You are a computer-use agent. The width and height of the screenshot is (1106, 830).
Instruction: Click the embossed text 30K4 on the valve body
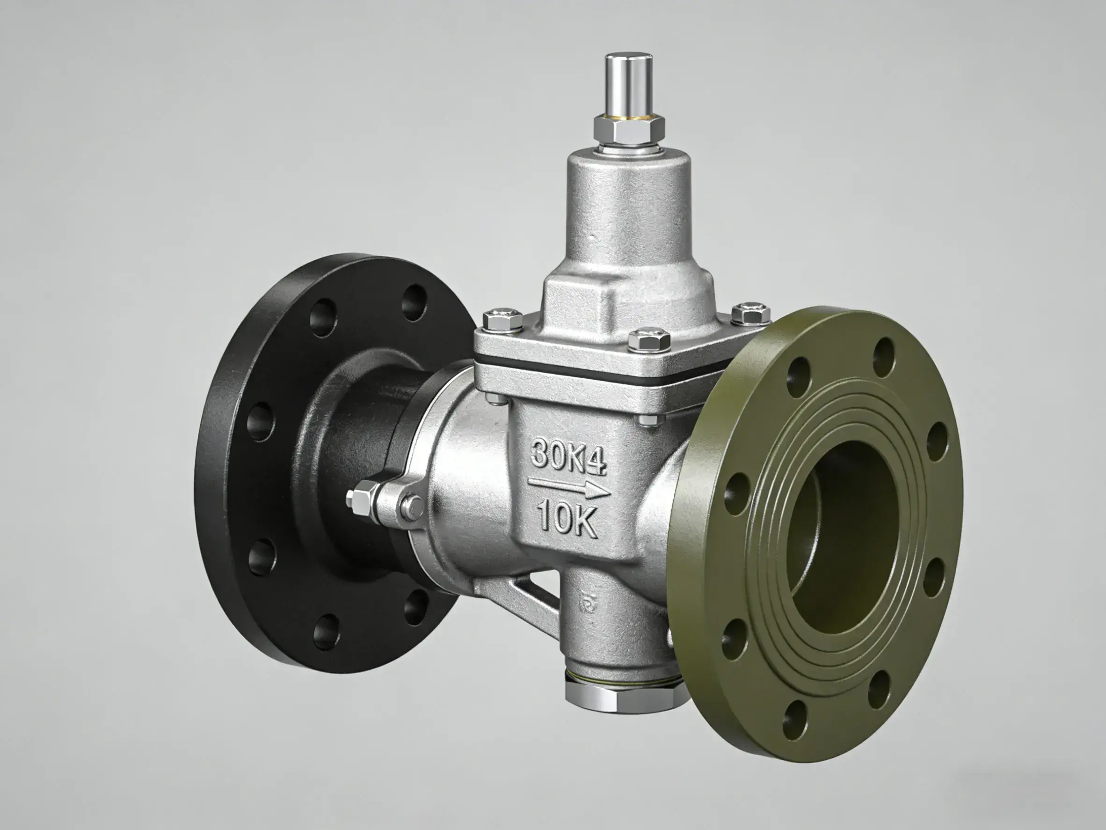(x=568, y=455)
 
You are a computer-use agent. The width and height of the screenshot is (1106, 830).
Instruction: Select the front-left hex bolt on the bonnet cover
(x=503, y=320)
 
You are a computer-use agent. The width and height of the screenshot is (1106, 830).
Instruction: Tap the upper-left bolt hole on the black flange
(x=322, y=315)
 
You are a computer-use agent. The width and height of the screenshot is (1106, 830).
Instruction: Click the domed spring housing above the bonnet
(x=627, y=210)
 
